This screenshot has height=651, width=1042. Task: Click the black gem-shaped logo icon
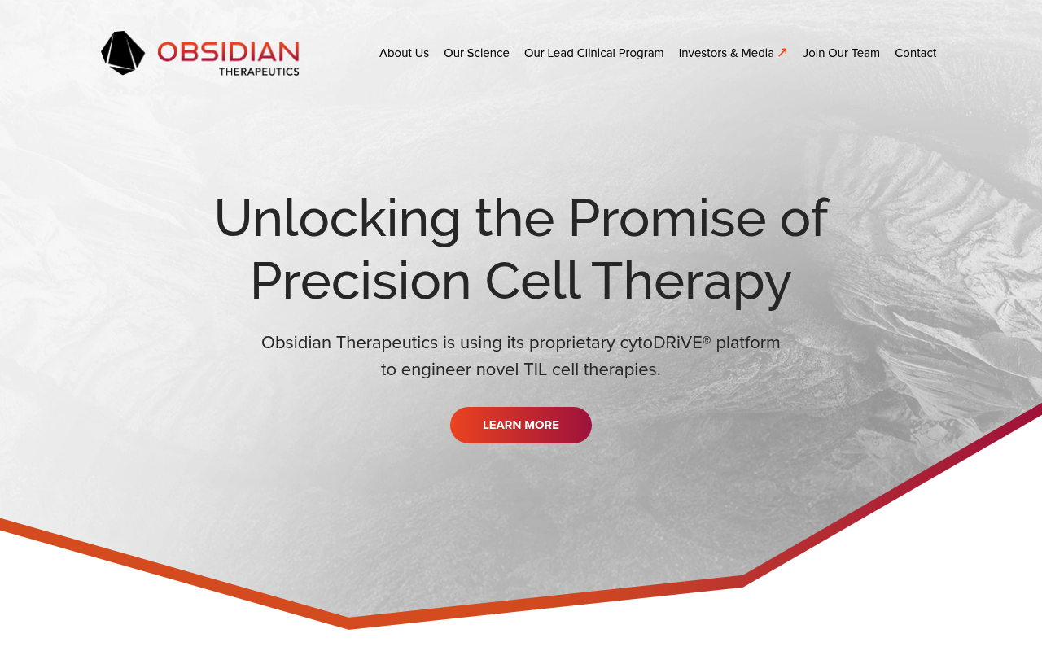coord(123,53)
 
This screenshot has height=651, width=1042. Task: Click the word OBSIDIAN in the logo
coord(229,51)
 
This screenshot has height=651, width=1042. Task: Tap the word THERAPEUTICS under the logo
coord(259,72)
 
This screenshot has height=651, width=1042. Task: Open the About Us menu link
coord(404,53)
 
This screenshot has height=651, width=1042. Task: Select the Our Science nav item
coord(476,53)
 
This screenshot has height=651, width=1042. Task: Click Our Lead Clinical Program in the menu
coord(593,53)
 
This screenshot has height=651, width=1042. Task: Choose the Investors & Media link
coord(726,53)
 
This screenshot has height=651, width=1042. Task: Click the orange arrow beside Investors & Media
coord(782,53)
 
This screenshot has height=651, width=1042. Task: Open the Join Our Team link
coord(841,53)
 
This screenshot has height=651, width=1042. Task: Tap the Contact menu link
coord(916,53)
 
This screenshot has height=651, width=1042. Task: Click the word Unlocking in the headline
coord(337,220)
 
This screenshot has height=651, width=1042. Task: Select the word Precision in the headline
coord(361,282)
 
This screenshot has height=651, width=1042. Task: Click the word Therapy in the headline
coord(691,282)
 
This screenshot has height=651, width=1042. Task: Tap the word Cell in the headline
coord(533,280)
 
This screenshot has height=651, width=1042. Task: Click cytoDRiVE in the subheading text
coord(660,343)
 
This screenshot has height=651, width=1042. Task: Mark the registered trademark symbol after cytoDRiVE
coord(707,340)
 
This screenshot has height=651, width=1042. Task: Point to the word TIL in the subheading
coord(535,369)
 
